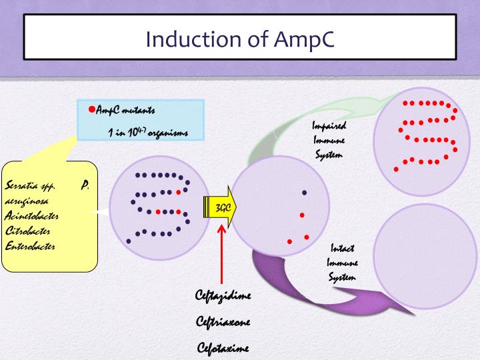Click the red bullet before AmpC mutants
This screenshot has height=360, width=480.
tap(92, 109)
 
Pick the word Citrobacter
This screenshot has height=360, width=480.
tap(29, 231)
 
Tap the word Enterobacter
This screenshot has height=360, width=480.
tap(31, 246)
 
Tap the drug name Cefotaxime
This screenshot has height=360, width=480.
tap(223, 347)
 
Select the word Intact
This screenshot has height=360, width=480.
tap(342, 249)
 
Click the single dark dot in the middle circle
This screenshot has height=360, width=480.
tap(304, 192)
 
